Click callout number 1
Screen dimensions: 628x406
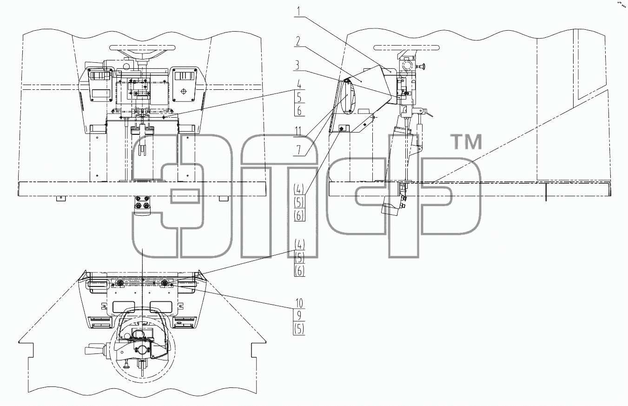[299, 12]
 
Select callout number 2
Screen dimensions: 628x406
[298, 41]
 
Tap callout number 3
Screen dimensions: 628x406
[298, 65]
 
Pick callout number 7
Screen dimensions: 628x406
[299, 151]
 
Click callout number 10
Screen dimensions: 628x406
[299, 303]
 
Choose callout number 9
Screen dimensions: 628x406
[299, 316]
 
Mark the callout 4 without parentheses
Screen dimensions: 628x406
[299, 84]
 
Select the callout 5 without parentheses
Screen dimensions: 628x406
[299, 97]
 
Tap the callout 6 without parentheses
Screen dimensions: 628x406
[299, 111]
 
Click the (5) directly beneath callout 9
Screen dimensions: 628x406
[299, 329]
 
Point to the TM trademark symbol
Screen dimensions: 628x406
[466, 142]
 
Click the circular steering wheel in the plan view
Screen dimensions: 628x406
[142, 352]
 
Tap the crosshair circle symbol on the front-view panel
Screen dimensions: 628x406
[184, 92]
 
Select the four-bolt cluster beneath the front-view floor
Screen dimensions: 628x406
[142, 202]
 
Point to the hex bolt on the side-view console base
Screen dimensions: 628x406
[342, 129]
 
